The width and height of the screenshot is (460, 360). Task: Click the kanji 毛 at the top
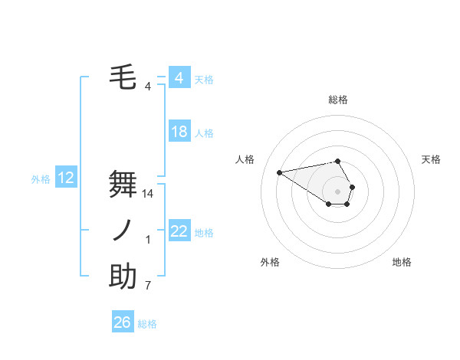(x=123, y=78)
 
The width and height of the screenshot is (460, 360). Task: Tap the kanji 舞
(x=123, y=185)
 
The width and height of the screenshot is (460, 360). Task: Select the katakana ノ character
(x=123, y=231)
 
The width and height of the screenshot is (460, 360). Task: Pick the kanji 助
(x=123, y=277)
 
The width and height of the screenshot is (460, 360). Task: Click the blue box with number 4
(x=179, y=78)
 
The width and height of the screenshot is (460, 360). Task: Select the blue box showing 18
(x=179, y=132)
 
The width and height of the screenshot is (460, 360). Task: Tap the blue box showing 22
(x=179, y=231)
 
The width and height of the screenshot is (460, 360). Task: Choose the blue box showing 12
(x=66, y=178)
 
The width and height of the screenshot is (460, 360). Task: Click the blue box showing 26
(x=123, y=322)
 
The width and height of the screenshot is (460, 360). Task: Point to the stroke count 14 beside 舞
(x=149, y=195)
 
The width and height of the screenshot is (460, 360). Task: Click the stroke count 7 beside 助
(x=148, y=286)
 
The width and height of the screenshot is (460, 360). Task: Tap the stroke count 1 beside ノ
(x=148, y=241)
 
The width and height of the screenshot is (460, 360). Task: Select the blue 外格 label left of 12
(x=41, y=179)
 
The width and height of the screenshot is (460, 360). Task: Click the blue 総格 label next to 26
(x=147, y=324)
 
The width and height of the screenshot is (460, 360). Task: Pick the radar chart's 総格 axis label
(x=338, y=100)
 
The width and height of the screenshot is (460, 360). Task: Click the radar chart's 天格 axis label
(x=432, y=159)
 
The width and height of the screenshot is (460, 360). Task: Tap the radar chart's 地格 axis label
(x=402, y=262)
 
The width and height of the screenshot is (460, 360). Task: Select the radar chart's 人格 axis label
(x=245, y=159)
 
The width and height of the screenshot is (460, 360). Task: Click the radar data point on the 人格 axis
(x=280, y=172)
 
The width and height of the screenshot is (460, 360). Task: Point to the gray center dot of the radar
(x=338, y=191)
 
